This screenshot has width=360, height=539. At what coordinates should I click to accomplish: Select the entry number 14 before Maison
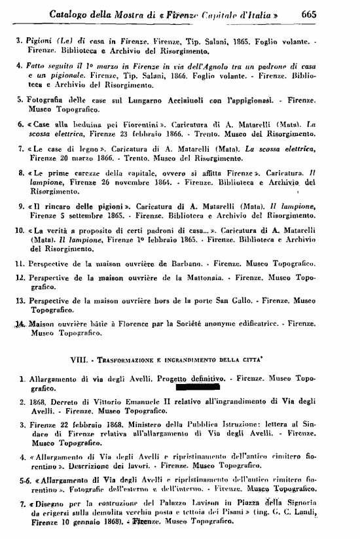tap(19, 324)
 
